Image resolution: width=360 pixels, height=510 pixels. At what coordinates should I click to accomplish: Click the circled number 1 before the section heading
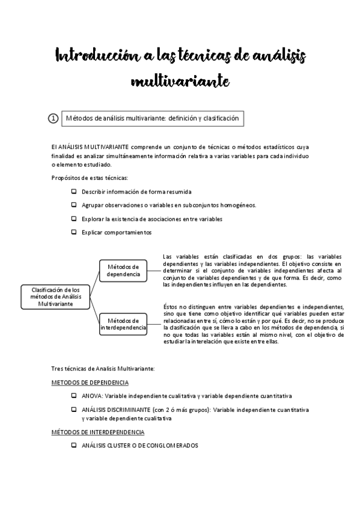coord(53,119)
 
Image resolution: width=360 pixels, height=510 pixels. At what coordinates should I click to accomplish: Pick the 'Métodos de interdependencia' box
coord(123,324)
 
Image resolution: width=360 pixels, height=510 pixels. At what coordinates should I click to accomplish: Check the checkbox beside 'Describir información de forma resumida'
coord(74,192)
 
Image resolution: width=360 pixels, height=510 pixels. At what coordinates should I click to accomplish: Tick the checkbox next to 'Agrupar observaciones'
coord(74,205)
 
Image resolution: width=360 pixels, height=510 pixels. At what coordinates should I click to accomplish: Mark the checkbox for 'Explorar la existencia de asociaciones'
coord(74,219)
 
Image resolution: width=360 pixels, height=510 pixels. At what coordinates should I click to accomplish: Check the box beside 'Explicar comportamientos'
coord(74,232)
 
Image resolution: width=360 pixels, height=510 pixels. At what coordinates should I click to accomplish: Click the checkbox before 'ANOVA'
coord(74,396)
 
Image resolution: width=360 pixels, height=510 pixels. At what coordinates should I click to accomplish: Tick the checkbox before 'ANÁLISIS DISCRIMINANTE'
coord(74,410)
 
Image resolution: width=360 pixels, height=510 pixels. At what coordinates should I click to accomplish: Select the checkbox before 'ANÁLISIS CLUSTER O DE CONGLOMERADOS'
coord(74,446)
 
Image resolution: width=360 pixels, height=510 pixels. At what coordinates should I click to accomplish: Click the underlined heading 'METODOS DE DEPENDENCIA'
coord(90,382)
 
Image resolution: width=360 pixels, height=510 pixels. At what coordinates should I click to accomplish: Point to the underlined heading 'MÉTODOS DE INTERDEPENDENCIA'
coord(97,432)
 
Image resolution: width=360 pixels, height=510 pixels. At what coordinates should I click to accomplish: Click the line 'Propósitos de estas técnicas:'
coord(90,178)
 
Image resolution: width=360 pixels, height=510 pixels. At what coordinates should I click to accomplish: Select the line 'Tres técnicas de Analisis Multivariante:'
coord(103,368)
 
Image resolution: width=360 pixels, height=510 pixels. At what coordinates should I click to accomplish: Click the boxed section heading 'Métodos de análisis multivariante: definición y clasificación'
coord(152,119)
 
